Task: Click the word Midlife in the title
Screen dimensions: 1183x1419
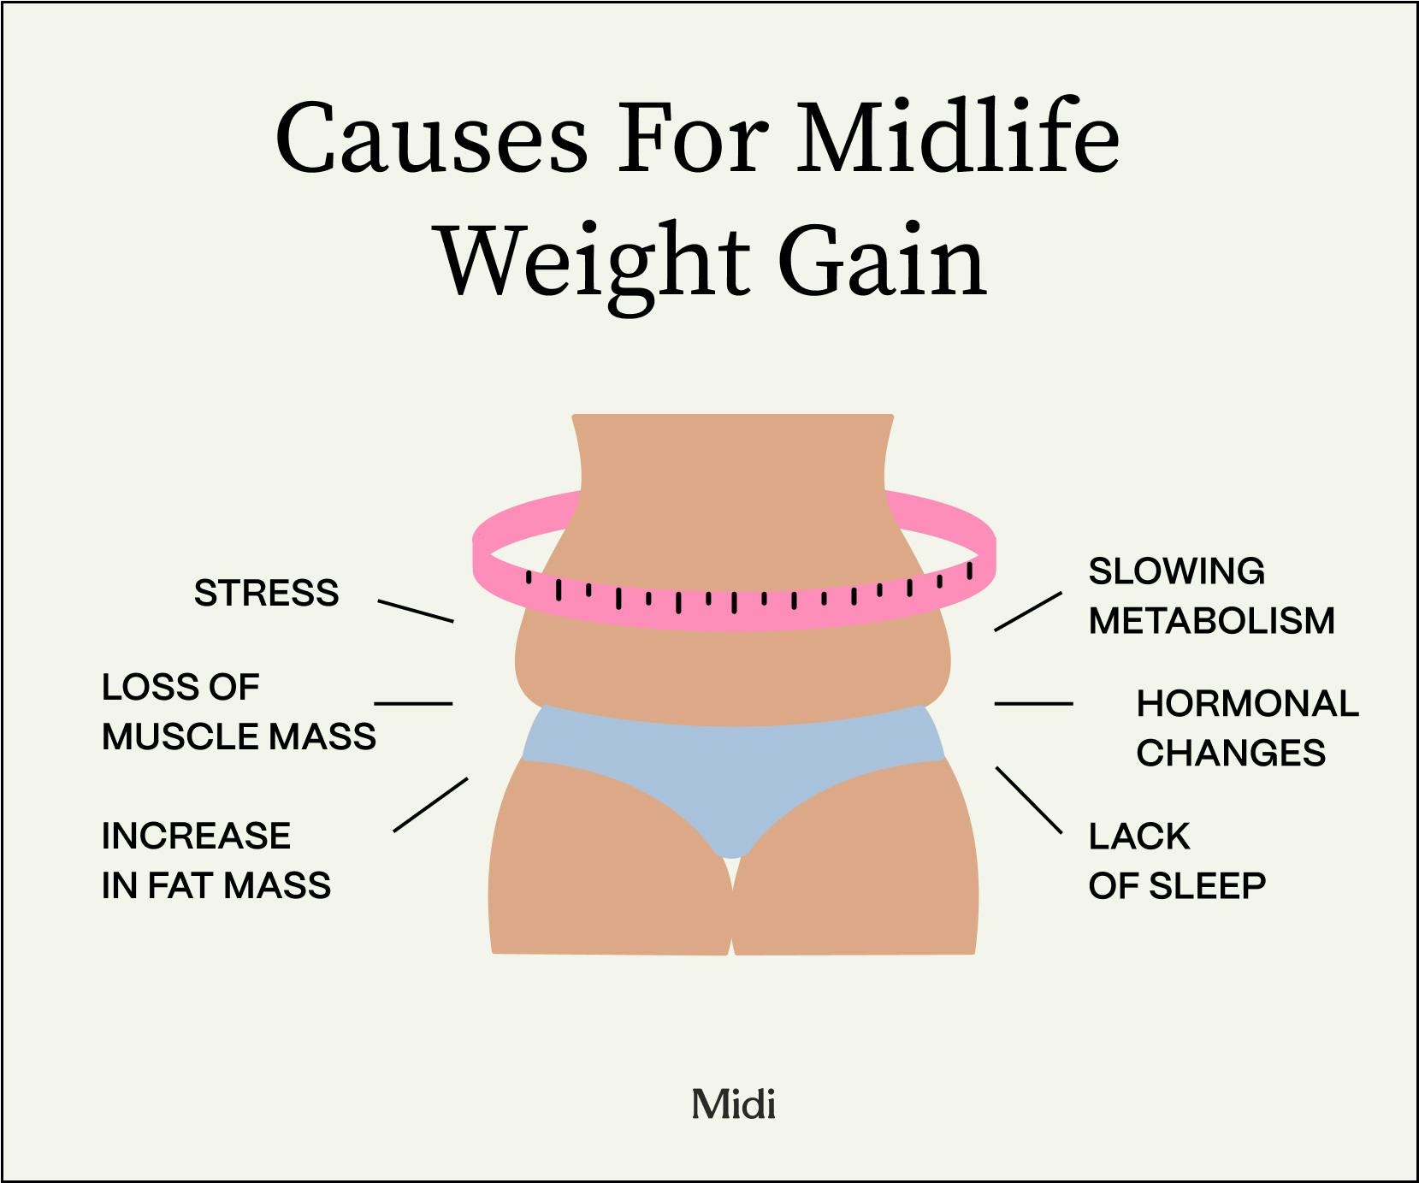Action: point(958,139)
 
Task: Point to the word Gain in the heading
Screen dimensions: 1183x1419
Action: point(882,262)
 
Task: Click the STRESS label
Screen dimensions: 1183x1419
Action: point(266,593)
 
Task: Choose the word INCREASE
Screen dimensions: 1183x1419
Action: point(196,836)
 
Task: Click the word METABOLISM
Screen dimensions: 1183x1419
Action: point(1211,621)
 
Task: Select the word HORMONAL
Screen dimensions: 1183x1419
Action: point(1247,704)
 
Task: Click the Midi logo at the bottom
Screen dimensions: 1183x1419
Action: point(734,1104)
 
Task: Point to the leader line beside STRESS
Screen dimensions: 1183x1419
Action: point(416,611)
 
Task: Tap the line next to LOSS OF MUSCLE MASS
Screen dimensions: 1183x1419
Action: point(413,704)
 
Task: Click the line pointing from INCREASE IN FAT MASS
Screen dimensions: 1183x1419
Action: point(430,804)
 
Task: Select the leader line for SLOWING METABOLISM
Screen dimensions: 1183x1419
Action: point(1027,612)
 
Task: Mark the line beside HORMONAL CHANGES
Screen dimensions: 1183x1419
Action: point(1033,704)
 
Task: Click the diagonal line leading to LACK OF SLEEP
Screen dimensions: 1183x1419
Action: point(1029,800)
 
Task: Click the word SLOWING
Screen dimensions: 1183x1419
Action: point(1176,571)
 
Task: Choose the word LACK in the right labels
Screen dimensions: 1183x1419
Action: point(1138,837)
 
